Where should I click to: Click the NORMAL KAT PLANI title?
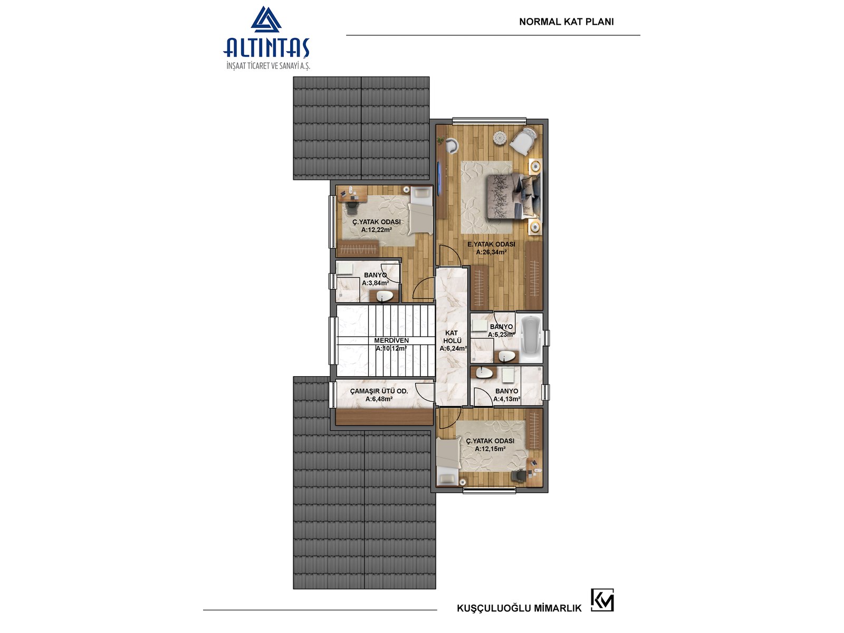point(566,22)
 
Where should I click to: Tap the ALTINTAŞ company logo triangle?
point(266,19)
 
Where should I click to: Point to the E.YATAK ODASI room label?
point(491,244)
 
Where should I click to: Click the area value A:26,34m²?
point(491,253)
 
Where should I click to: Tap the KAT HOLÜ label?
point(452,337)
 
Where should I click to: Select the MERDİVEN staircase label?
point(391,341)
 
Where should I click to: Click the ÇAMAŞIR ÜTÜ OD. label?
point(379,391)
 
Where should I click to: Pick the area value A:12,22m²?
point(377,230)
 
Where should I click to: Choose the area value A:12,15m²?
point(490,449)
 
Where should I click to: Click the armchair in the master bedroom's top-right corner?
point(523,141)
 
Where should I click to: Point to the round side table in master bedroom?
point(500,137)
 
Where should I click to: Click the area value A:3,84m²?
point(375,283)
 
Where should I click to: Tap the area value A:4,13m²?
point(506,399)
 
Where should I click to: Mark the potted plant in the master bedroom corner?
point(441,140)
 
